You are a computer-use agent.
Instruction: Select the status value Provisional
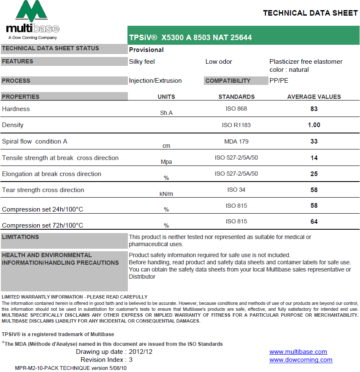point(146,50)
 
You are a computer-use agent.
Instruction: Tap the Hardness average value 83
point(314,109)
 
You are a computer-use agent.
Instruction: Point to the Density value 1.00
point(314,125)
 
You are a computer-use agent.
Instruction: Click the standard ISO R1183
point(236,125)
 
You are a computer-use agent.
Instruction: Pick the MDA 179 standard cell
point(236,141)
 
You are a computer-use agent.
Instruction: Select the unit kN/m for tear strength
point(166,194)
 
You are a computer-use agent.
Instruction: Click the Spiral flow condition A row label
point(35,141)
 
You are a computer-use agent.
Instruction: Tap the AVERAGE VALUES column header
point(314,97)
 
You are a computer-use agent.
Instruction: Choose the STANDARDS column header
point(236,97)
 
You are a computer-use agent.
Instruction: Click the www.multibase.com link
point(298,352)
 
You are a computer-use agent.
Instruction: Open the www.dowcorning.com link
point(300,360)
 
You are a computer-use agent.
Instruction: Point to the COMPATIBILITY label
point(227,81)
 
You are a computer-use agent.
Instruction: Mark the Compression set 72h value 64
point(314,222)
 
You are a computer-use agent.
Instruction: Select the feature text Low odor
point(219,62)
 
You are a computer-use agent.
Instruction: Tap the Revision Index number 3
point(131,360)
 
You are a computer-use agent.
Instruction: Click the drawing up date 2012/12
point(140,352)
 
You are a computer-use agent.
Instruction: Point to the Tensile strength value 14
point(314,158)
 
